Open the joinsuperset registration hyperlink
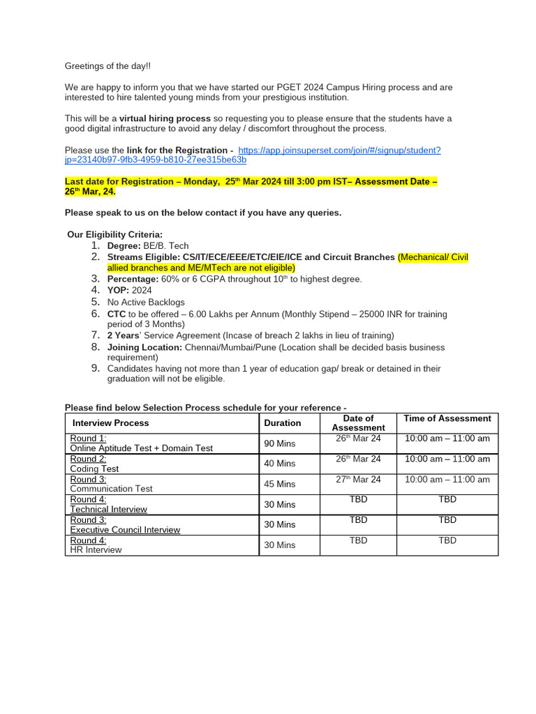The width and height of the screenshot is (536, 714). [x=339, y=150]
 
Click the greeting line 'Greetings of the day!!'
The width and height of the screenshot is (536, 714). [x=107, y=66]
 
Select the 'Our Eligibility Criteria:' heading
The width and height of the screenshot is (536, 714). [x=115, y=234]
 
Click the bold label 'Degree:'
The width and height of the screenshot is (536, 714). [x=124, y=246]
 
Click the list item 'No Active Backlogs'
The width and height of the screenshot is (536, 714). [x=146, y=302]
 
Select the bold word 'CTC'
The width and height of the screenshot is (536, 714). [x=117, y=314]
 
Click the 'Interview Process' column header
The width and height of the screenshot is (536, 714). [x=111, y=423]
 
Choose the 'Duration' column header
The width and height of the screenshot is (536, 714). [x=283, y=423]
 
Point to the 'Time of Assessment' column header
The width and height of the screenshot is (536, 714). [x=447, y=418]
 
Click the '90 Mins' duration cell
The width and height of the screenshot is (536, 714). [x=280, y=443]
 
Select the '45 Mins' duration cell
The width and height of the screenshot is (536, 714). [x=280, y=484]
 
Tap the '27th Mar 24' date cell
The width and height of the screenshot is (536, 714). [x=358, y=479]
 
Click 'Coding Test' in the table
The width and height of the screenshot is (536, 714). [x=95, y=469]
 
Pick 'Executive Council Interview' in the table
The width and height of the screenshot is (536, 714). [x=125, y=530]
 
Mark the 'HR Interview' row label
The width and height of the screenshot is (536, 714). [x=96, y=550]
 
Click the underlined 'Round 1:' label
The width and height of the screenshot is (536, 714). [x=89, y=439]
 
